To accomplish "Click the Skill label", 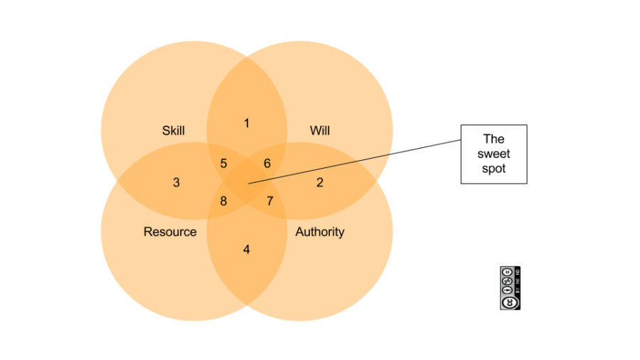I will [x=173, y=131].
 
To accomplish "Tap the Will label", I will [x=320, y=131].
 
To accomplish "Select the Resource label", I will [x=170, y=232].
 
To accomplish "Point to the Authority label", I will [x=320, y=232].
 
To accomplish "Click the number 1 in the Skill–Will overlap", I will [x=247, y=124].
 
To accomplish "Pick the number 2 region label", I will [x=320, y=183].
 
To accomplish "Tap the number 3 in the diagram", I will [x=176, y=183].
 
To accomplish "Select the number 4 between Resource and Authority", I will [x=247, y=250].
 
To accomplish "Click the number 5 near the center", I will [x=223, y=164].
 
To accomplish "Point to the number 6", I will [x=267, y=164].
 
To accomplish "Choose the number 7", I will [x=270, y=201].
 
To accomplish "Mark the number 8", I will [x=223, y=201].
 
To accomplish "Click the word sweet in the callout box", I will [x=494, y=154].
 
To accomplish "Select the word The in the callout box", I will [x=494, y=139].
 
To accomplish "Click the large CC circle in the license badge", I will [x=510, y=302].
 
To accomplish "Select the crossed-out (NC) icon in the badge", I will [x=507, y=280].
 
